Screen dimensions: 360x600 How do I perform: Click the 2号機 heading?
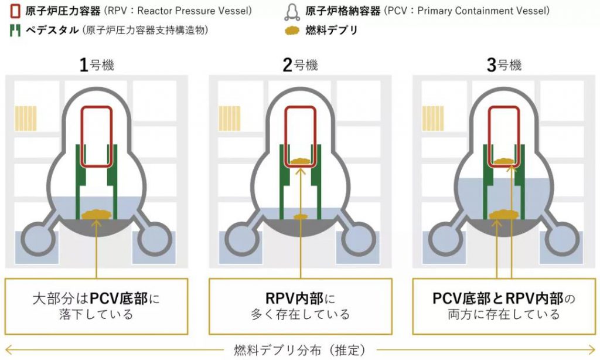(300, 65)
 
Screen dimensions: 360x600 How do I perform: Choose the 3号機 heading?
(504, 65)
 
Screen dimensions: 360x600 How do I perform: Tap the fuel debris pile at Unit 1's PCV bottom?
(97, 215)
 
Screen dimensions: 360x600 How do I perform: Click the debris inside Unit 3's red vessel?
(504, 161)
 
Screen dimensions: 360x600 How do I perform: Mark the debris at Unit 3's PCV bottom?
(504, 215)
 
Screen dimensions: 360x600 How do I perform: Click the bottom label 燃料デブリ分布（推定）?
(299, 351)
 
